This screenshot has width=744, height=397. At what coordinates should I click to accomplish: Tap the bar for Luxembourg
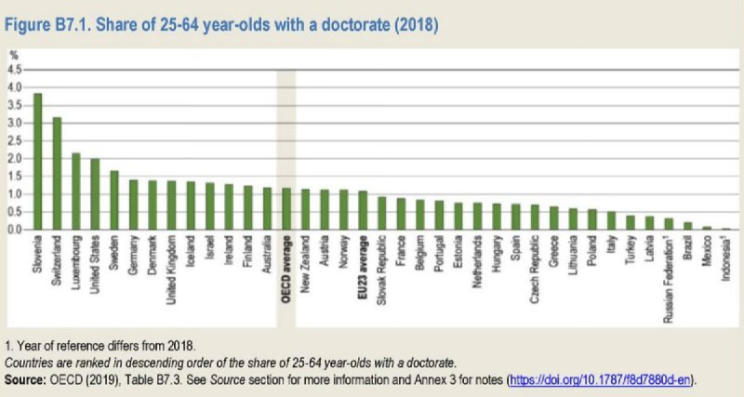pyautogui.click(x=76, y=191)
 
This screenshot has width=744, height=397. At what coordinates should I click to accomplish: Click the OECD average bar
pyautogui.click(x=286, y=208)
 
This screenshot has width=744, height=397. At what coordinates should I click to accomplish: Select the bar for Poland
pyautogui.click(x=591, y=218)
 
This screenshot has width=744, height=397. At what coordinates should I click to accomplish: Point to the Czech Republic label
pyautogui.click(x=535, y=268)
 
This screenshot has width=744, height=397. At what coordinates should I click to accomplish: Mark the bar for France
pyautogui.click(x=401, y=213)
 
